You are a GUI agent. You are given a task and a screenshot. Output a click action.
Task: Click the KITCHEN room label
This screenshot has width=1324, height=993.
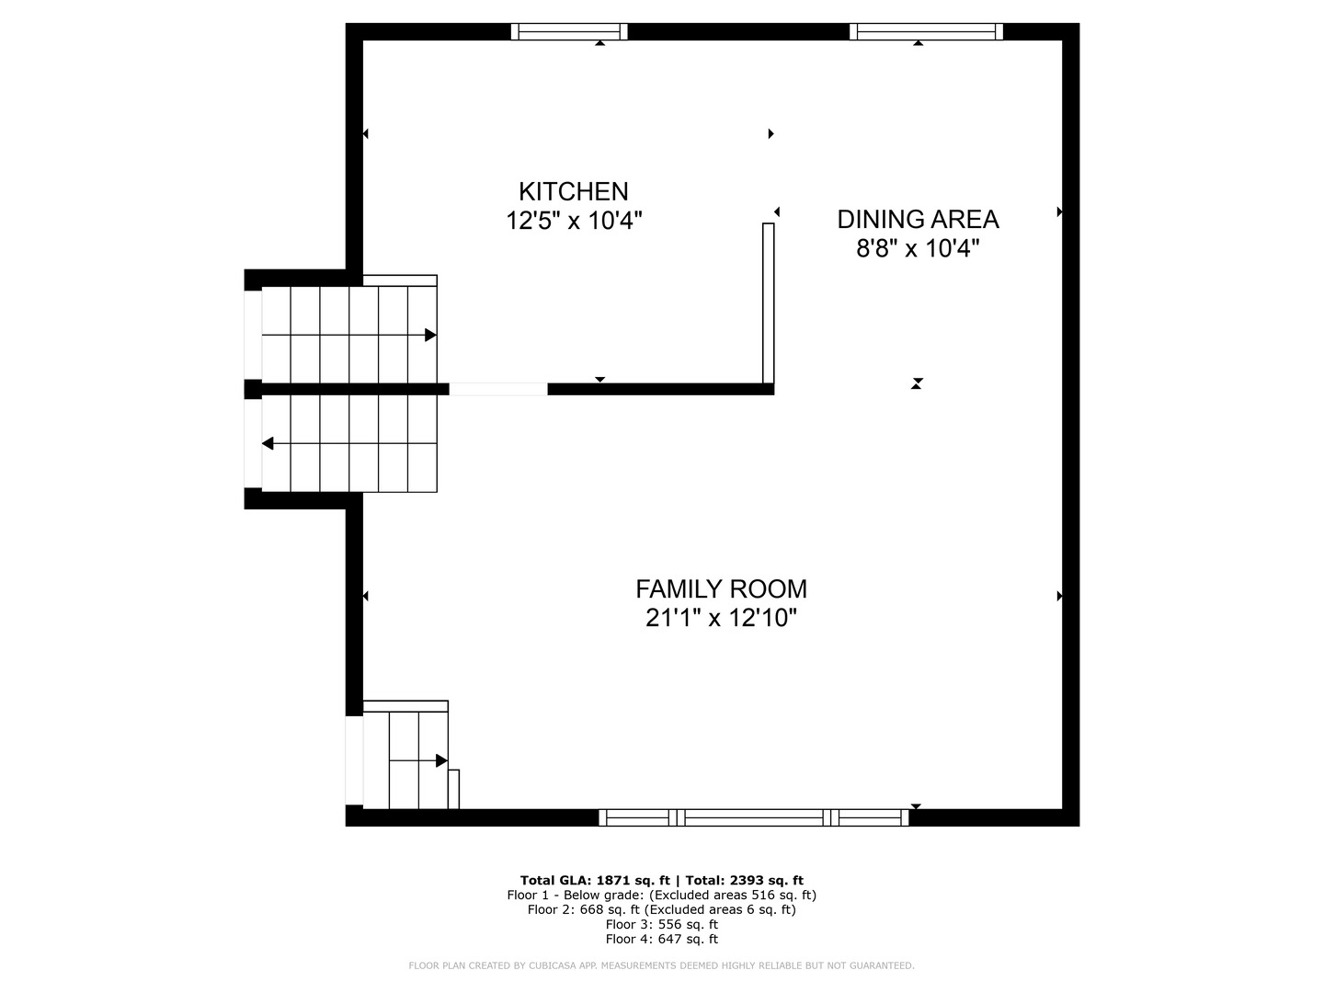tap(574, 191)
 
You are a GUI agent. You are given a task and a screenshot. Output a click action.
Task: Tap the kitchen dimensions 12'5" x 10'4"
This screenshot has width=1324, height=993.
tap(574, 222)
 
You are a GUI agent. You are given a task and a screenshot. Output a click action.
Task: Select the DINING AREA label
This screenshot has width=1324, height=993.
tap(918, 219)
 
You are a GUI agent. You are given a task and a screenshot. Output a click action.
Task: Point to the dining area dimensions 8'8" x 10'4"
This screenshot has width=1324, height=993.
tap(918, 249)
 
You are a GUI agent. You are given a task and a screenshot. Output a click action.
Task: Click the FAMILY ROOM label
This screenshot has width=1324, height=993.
tap(721, 588)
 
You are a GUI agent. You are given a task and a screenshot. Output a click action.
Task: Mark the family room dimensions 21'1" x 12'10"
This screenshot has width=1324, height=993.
tap(721, 619)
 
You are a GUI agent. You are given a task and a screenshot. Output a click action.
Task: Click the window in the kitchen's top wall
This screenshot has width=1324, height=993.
tap(569, 31)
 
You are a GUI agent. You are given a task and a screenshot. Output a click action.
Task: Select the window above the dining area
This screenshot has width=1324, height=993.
tap(926, 31)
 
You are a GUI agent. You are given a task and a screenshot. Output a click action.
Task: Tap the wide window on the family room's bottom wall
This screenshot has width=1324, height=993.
tap(754, 817)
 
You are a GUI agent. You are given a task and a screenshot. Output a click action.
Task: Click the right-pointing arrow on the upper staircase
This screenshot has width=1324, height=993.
tap(429, 336)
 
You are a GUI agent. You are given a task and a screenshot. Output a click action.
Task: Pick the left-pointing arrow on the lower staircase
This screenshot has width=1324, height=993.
tap(268, 444)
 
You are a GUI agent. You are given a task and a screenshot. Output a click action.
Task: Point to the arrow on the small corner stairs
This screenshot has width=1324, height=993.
tap(441, 761)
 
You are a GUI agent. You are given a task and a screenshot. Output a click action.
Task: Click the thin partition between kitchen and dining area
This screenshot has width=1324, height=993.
tap(769, 302)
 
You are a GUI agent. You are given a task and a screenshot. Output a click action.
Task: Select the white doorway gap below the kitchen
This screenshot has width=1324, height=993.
tap(498, 389)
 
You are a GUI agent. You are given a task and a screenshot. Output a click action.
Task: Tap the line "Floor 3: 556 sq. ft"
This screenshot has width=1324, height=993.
tap(662, 924)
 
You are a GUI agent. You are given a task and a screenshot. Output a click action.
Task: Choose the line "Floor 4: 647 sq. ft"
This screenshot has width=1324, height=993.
tap(662, 939)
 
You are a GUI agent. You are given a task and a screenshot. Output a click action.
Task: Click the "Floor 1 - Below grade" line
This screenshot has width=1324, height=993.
tap(662, 895)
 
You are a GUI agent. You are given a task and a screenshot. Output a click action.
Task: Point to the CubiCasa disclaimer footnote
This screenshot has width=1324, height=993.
tap(662, 965)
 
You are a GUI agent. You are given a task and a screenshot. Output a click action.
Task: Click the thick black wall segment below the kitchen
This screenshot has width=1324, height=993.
tap(660, 389)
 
